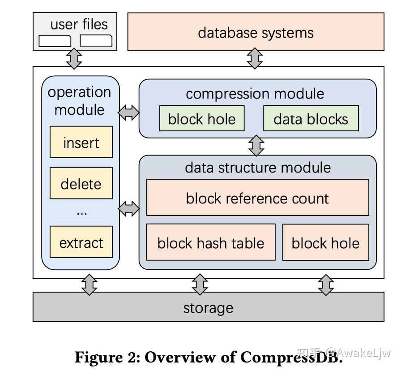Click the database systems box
[256, 32]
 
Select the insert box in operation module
[81, 142]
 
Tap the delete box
[81, 183]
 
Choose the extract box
[81, 242]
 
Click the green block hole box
[201, 119]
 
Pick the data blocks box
[311, 119]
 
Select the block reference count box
[257, 198]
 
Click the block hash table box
[210, 242]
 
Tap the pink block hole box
[325, 242]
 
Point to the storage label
[208, 307]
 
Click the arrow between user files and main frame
[74, 58]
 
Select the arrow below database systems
[255, 58]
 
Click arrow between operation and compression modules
[129, 112]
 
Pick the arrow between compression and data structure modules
[256, 146]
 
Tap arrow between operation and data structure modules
[129, 208]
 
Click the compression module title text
[255, 94]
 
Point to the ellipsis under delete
[81, 212]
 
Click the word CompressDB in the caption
[291, 357]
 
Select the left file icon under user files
[55, 41]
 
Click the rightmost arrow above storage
[326, 285]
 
